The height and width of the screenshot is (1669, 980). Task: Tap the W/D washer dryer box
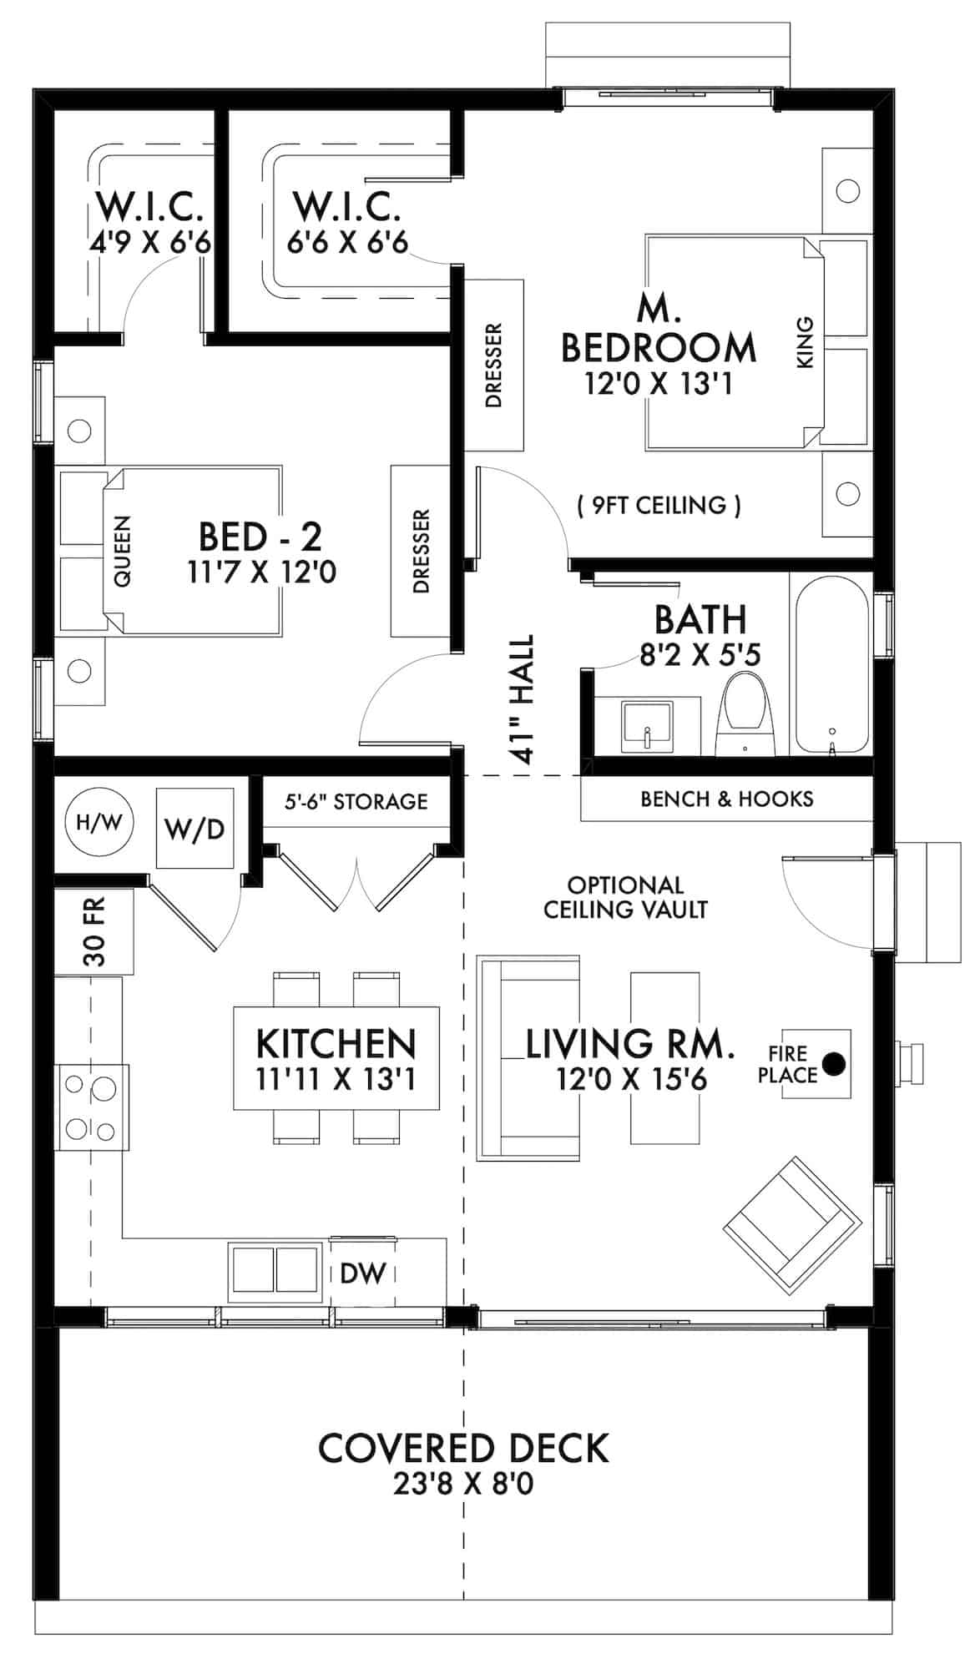coord(194,829)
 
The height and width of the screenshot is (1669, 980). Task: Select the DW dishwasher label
coord(364,1273)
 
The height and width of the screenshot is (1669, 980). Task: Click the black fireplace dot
coord(833,1063)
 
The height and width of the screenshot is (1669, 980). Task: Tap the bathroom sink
coord(647,727)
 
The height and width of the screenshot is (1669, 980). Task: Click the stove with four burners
coord(91,1108)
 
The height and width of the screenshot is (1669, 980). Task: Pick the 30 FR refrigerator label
coord(95,931)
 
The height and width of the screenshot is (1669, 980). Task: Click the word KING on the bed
coord(805,342)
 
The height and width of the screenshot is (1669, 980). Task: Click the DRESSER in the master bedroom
coord(493,366)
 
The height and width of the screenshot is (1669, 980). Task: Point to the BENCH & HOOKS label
coord(726,799)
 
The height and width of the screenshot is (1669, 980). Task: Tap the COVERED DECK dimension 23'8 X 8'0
coord(463,1485)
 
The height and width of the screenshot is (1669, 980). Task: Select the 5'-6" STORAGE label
coord(356,802)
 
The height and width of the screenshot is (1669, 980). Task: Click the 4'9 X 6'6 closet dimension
coord(149,243)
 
